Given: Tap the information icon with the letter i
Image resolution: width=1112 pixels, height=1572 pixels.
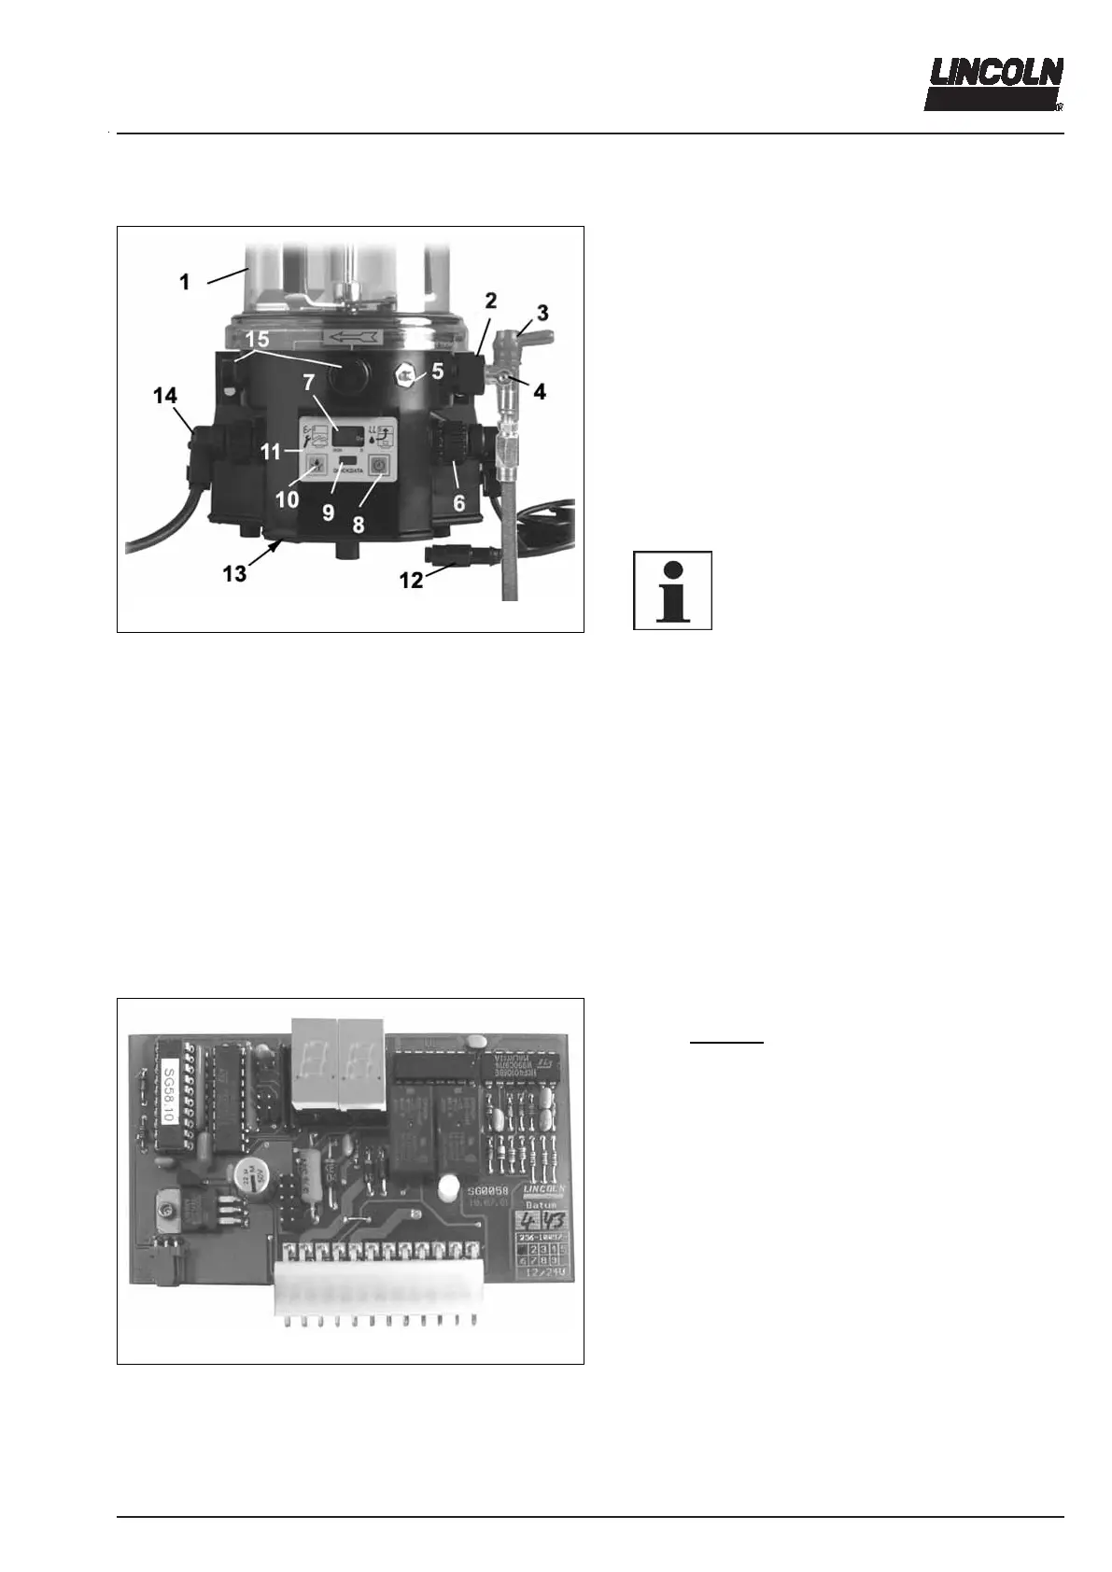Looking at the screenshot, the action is pos(672,590).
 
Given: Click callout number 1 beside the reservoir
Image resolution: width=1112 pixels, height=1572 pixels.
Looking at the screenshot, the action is pos(185,281).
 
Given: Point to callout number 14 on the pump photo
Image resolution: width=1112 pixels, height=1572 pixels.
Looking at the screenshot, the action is pos(165,396).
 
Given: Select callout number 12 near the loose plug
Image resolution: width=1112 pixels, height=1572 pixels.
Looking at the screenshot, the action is pos(411,580).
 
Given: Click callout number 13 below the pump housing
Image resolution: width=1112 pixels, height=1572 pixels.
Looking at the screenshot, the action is pos(234,572).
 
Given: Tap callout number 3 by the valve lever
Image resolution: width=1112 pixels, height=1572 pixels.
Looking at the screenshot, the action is pos(543,311).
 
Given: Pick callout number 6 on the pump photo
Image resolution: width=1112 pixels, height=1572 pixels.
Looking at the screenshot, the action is pos(458,503).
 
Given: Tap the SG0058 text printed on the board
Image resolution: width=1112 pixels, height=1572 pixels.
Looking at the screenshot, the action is pos(488,1193).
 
